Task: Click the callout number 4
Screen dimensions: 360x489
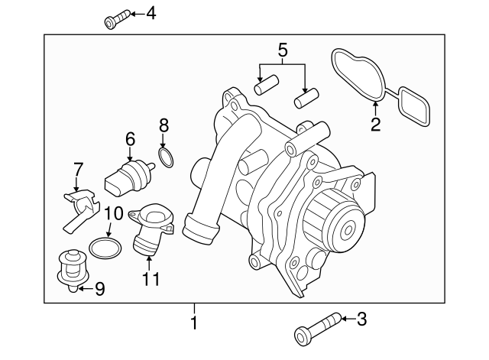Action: pos(151,13)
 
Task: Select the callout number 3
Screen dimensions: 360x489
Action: pos(361,319)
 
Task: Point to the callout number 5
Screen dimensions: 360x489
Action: pos(283,52)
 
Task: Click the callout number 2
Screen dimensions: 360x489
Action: pos(375,124)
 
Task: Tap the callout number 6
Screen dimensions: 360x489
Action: pos(129,139)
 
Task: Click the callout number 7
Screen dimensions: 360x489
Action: pos(77,168)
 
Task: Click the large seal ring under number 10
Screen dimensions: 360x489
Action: pos(105,248)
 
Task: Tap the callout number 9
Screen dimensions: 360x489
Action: pos(99,290)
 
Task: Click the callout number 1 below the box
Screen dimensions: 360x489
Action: pos(194,323)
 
